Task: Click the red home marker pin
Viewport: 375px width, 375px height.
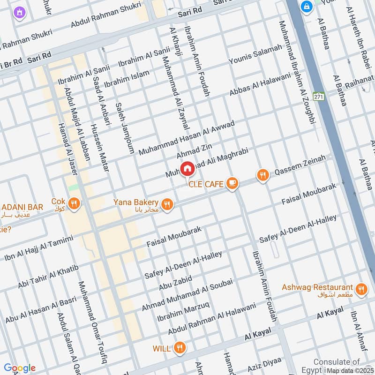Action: coord(187,168)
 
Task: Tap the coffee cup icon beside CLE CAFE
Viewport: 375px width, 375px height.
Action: coord(232,184)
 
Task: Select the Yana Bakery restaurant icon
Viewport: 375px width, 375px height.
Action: coord(166,204)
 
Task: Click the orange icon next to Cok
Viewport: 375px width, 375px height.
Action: coord(74,203)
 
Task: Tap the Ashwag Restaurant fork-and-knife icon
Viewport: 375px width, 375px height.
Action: coord(361,289)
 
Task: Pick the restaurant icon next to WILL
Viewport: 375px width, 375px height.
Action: coord(179,348)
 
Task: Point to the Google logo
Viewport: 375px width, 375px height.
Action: coord(19,368)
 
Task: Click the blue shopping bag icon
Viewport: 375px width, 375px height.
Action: coord(307,7)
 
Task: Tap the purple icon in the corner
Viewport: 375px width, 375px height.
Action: coord(19,12)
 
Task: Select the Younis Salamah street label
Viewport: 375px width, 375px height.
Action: coord(255,54)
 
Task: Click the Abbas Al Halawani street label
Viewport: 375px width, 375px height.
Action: coord(260,85)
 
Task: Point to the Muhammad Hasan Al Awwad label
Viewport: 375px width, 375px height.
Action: coord(186,136)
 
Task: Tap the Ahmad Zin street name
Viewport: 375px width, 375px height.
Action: coord(195,151)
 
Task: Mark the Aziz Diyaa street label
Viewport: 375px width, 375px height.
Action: coord(264,363)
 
